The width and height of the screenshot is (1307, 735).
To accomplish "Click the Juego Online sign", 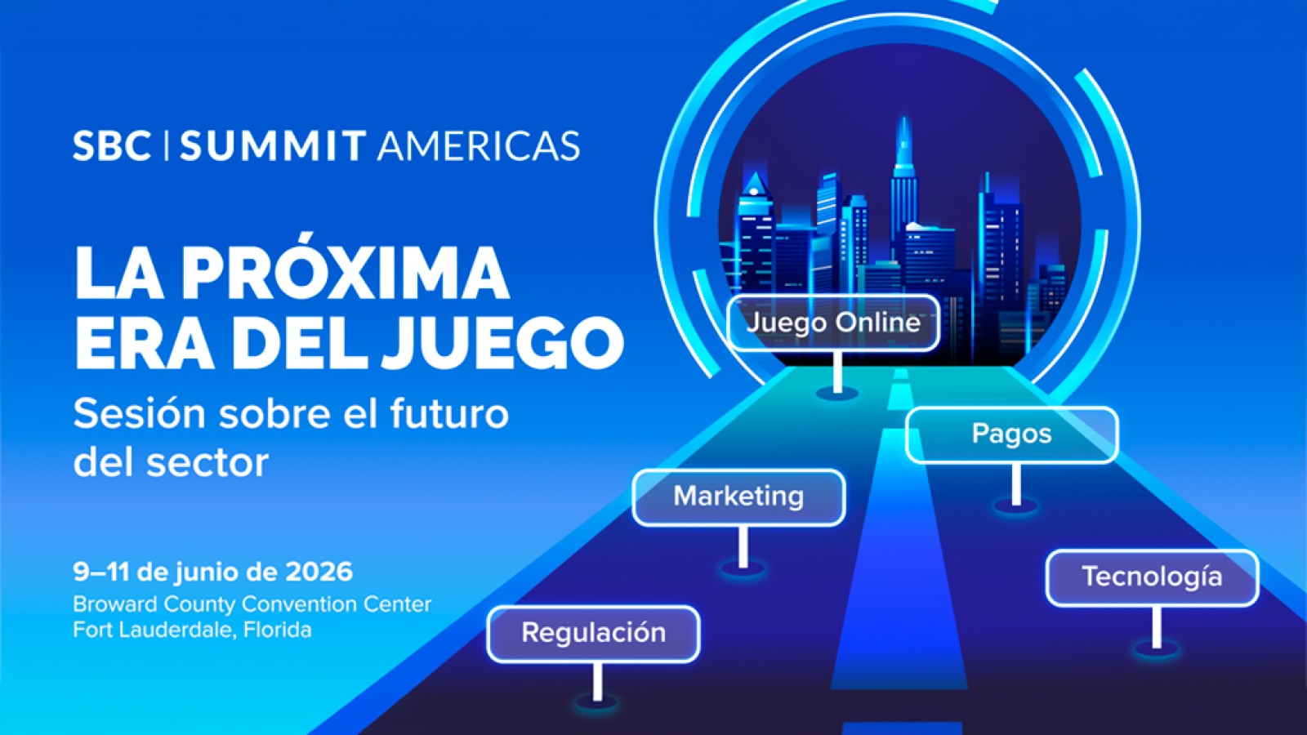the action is tap(834, 323).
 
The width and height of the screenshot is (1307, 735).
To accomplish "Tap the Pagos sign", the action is tap(1012, 435).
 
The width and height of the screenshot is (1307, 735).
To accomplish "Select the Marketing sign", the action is tap(739, 497).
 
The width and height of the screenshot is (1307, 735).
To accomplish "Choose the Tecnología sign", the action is tap(1153, 578).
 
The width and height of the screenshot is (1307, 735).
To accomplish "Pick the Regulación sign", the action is tap(594, 634).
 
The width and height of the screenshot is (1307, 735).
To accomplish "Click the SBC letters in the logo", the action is tap(112, 146).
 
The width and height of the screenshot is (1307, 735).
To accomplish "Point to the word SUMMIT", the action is tap(273, 146).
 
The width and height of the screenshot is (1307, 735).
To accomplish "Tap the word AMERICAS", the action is tap(479, 146).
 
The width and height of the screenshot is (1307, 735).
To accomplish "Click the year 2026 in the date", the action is tap(319, 572).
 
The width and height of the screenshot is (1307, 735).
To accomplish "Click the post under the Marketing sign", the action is tap(743, 547).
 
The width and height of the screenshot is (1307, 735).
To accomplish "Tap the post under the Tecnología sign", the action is tap(1157, 628).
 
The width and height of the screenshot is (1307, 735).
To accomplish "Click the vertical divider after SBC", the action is tap(167, 146).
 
